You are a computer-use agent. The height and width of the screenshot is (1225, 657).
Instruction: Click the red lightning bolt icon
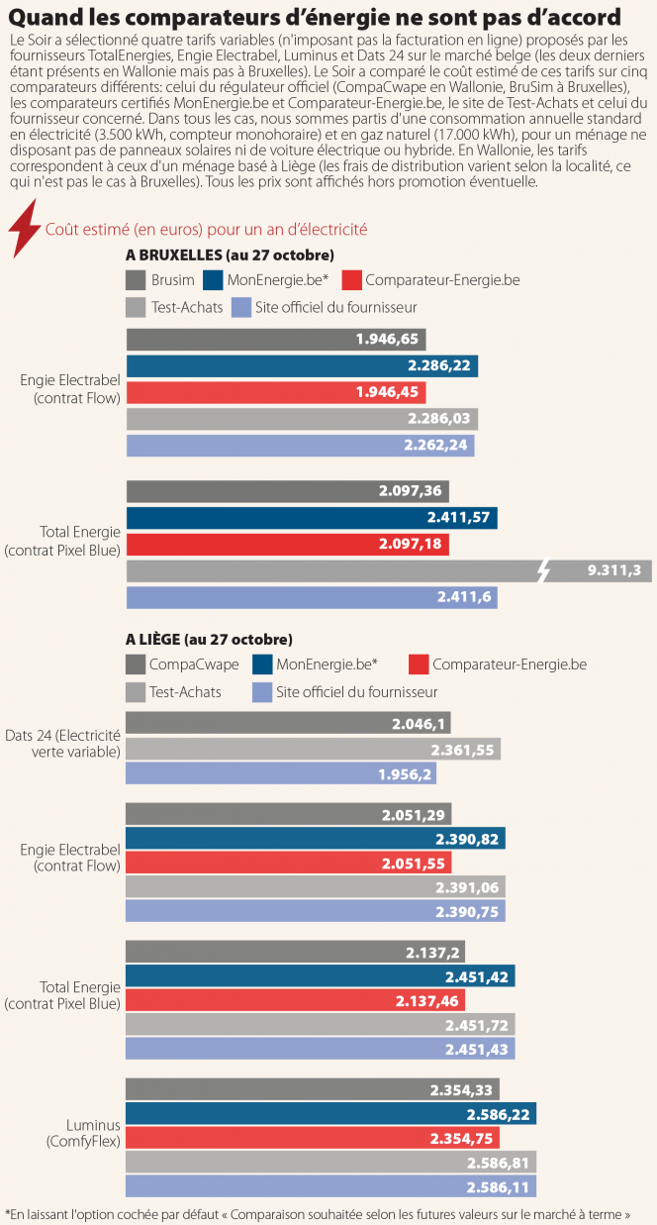[x=25, y=229]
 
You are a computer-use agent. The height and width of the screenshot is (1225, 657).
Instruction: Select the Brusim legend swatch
[x=137, y=280]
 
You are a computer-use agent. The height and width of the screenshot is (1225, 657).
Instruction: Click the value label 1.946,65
[x=387, y=340]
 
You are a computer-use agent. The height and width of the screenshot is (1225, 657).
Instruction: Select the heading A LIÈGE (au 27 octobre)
[x=209, y=639]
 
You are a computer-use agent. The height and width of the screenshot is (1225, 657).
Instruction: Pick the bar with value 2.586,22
[x=330, y=1113]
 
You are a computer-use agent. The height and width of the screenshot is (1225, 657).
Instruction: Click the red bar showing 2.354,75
[x=312, y=1138]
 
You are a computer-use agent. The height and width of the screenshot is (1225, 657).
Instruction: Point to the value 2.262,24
[x=435, y=446]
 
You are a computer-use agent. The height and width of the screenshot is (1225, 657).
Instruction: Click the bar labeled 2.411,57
[x=312, y=517]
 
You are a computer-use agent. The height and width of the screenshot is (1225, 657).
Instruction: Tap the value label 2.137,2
[x=432, y=953]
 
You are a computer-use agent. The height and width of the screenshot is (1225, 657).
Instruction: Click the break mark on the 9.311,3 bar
[x=542, y=570]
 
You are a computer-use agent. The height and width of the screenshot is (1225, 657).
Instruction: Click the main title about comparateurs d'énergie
[x=315, y=17]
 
